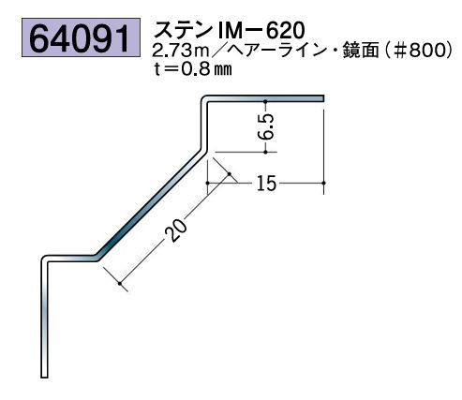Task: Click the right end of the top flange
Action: pos(322,97)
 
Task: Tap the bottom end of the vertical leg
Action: pos(44,374)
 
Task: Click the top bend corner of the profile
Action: pos(203,98)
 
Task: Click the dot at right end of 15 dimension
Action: pos(323,181)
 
